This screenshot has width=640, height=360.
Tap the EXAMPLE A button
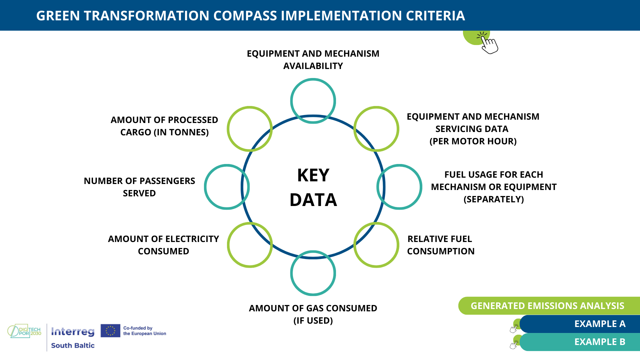(580, 324)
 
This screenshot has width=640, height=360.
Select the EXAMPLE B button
(580, 342)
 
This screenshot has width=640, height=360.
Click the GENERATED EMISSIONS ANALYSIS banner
(549, 306)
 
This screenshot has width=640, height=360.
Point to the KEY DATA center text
(313, 187)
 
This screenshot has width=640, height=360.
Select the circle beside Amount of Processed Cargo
(228, 129)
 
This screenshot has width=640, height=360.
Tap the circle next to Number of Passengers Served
(205, 187)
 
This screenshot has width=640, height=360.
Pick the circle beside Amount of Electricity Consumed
(228, 245)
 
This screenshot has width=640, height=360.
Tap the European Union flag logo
(110, 331)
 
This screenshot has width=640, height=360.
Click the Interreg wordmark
(73, 332)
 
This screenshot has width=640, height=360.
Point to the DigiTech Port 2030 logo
(24, 331)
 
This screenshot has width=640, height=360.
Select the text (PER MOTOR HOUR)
(473, 141)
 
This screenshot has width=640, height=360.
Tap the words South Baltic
(73, 346)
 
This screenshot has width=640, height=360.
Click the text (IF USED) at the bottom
(313, 321)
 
